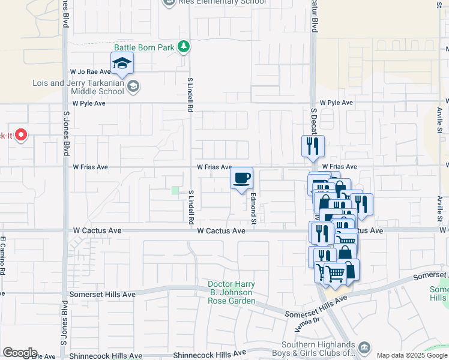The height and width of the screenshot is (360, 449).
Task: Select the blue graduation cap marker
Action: (122, 64)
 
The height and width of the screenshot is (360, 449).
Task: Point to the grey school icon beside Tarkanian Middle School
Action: (133, 88)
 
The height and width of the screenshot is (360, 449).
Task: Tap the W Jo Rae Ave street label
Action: (91, 71)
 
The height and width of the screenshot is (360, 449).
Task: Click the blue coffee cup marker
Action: (242, 178)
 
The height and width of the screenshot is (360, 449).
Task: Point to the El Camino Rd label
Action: (3, 256)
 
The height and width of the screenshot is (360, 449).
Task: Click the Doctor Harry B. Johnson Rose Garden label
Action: (232, 292)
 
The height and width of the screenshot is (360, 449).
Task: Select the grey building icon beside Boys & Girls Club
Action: (364, 348)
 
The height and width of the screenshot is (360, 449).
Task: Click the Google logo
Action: (19, 353)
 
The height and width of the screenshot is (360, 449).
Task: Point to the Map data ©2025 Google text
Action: (412, 355)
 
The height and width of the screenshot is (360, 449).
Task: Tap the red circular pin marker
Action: (21, 135)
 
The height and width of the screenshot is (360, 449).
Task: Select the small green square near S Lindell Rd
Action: (175, 190)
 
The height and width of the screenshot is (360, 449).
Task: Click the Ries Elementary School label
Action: (214, 2)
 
